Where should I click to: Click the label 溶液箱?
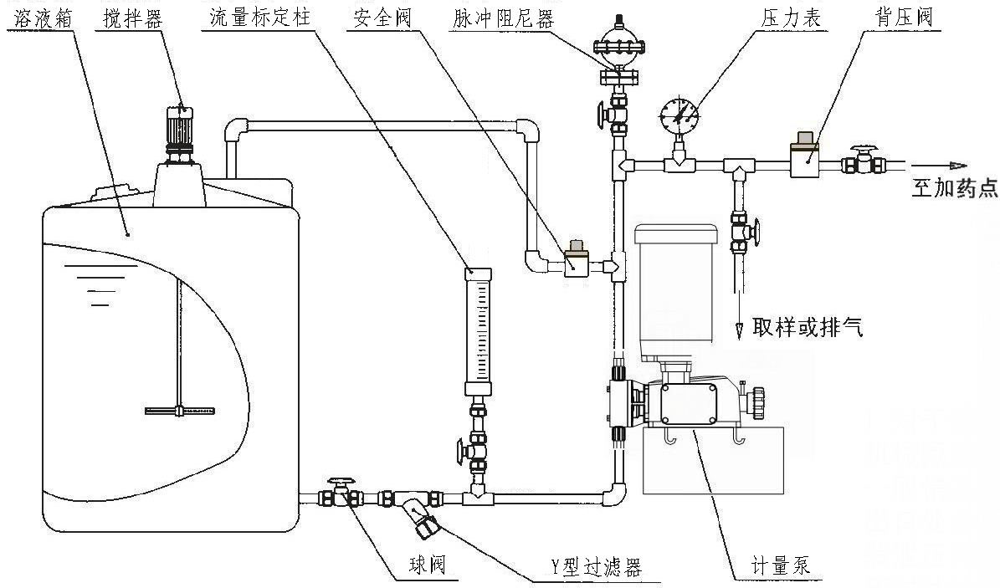pos(34,18)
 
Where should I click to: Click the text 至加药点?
pos(954,189)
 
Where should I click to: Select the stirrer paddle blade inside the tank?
pos(179,410)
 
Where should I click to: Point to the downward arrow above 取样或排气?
pos(740,330)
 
